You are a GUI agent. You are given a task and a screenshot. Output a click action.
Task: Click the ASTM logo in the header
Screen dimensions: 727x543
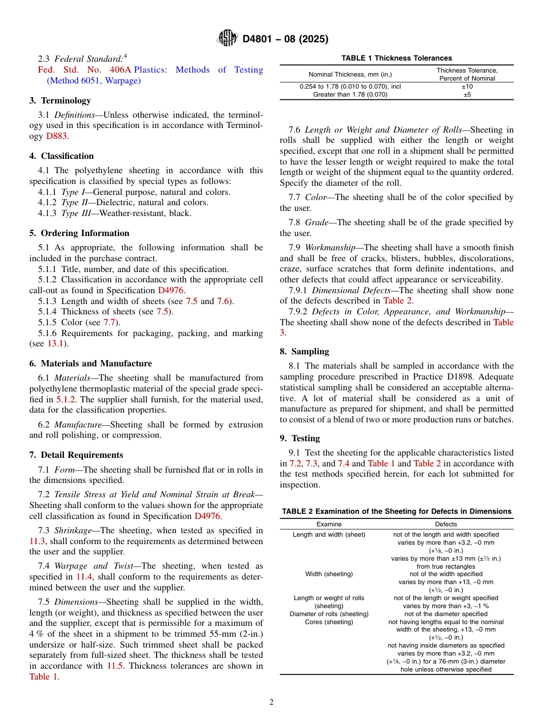(x=227, y=39)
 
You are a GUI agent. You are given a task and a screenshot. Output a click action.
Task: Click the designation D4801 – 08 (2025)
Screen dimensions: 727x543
(x=285, y=39)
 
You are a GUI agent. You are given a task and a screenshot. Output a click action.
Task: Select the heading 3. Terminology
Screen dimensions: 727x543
(x=60, y=101)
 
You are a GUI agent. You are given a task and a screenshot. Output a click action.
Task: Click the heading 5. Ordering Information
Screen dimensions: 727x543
(x=79, y=233)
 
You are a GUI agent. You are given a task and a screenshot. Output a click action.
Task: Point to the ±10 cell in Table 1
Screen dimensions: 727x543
(x=467, y=87)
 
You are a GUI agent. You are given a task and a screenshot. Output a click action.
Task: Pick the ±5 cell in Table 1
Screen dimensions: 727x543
(x=467, y=95)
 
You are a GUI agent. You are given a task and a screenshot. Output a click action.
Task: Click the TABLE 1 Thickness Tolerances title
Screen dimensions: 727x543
(x=397, y=58)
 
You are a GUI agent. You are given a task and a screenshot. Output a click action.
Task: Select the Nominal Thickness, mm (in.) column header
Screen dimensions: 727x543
(x=350, y=75)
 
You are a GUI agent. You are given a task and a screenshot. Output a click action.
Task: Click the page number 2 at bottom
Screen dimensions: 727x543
(x=271, y=702)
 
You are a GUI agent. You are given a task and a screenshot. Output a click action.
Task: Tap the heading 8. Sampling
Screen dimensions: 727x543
(x=304, y=351)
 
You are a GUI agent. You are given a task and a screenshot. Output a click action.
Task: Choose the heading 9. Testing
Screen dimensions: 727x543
(x=300, y=438)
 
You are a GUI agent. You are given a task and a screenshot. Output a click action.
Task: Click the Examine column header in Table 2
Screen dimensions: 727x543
(x=329, y=524)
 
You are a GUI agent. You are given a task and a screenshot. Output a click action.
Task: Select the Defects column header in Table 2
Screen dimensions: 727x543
(x=446, y=524)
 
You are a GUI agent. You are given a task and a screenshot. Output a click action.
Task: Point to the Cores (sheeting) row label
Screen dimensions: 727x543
(x=329, y=622)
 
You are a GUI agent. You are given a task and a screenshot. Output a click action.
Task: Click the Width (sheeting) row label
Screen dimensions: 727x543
(x=329, y=574)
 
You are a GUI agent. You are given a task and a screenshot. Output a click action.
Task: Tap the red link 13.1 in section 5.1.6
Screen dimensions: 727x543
(x=55, y=343)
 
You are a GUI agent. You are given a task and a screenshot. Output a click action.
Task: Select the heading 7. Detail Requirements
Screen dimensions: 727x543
(x=76, y=455)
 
